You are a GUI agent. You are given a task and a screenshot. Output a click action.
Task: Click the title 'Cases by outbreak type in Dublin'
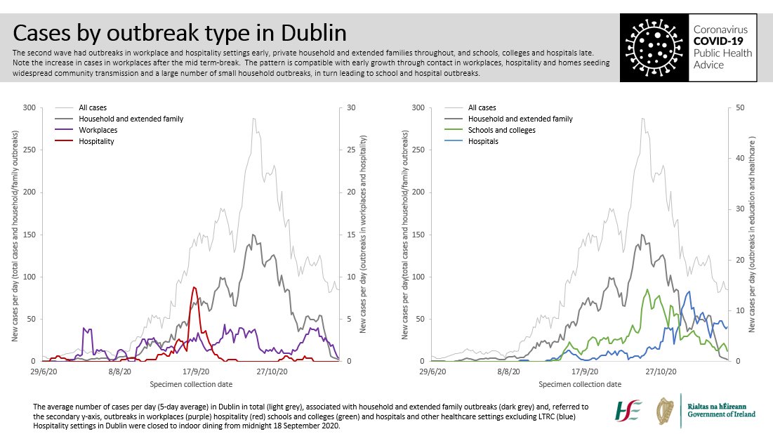[x=180, y=33]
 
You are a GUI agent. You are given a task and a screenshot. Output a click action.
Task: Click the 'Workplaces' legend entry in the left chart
[x=98, y=130]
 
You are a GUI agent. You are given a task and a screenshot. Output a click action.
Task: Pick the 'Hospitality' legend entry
[x=96, y=141]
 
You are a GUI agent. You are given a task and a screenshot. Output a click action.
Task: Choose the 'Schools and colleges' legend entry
[x=501, y=130]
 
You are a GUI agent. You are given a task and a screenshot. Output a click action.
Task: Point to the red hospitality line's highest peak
[x=194, y=287]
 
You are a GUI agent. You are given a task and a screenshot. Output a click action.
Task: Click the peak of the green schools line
[x=647, y=289]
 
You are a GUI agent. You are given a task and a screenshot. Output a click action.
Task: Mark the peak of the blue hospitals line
[x=689, y=291]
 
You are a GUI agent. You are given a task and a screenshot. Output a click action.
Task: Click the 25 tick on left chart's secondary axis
[x=345, y=150]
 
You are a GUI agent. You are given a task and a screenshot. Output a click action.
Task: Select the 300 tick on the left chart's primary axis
[x=29, y=107]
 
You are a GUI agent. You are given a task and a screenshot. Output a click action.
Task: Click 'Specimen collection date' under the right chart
[x=579, y=384]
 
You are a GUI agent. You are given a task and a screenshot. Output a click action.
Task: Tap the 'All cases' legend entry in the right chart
[x=482, y=107]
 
